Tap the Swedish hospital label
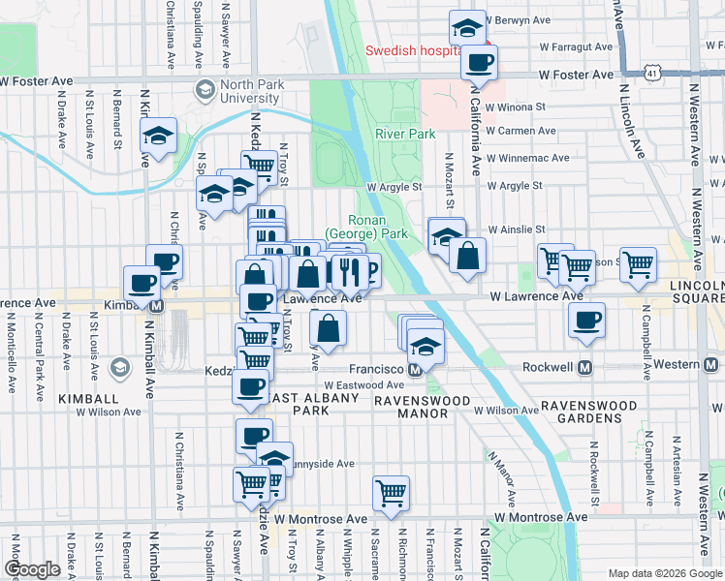coord(412,50)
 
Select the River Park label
coord(405,135)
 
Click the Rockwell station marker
coord(585,368)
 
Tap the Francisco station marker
coord(415,369)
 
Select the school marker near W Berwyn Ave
coord(468,28)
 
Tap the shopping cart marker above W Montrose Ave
coord(391,492)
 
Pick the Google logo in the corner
coord(32,569)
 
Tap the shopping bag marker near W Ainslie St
coord(467,257)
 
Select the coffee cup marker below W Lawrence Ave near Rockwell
coord(585,321)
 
